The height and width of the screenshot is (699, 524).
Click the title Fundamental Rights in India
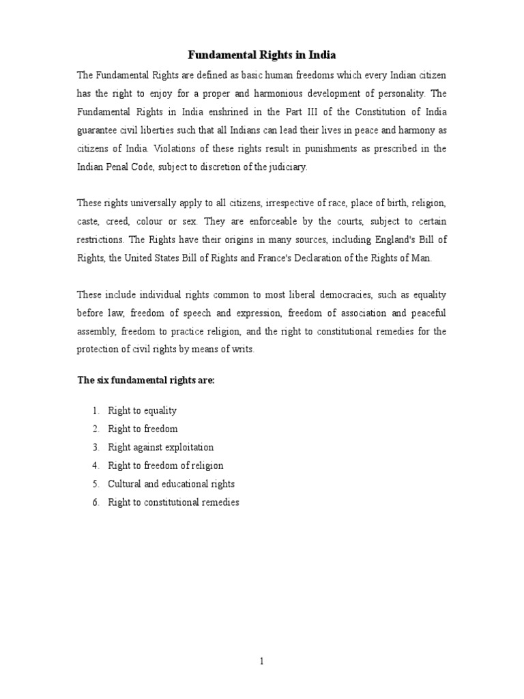point(262,55)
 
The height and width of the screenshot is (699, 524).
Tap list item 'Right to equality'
point(142,410)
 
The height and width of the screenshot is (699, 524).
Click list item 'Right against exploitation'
point(160,447)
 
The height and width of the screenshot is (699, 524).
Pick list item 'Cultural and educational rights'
point(171,484)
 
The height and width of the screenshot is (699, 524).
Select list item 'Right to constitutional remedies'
point(173,502)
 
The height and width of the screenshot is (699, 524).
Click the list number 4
point(96,466)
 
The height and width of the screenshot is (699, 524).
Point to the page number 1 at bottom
point(262,661)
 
